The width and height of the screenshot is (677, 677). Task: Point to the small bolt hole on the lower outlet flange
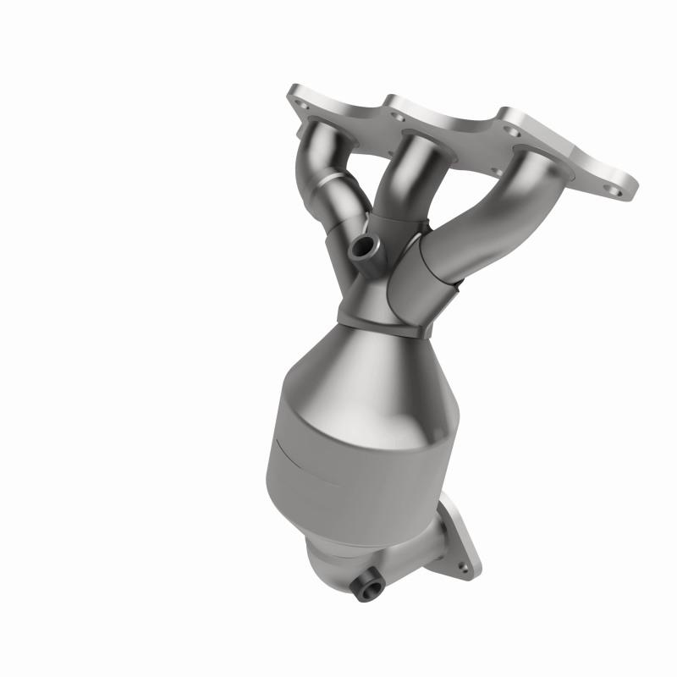462,562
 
